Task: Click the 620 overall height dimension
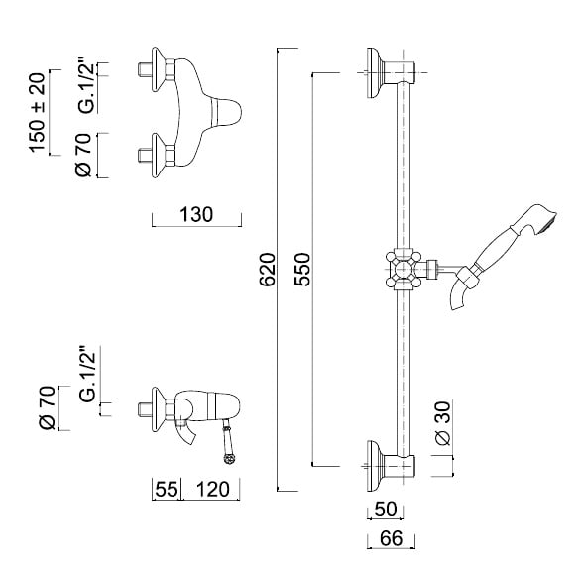coord(268,270)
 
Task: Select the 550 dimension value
coord(302,270)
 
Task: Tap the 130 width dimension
coord(196,215)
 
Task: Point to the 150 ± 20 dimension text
coord(38,113)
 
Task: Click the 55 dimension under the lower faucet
coord(167,489)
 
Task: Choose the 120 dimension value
coord(213,489)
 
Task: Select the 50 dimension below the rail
coord(386,509)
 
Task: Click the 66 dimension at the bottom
coord(391,539)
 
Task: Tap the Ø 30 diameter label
coord(443,423)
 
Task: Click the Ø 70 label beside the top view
coord(83,155)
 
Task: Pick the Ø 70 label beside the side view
coord(47,408)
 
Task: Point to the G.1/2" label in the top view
coord(87,85)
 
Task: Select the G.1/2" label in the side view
coord(88,374)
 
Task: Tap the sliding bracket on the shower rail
coord(404,270)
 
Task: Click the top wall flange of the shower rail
coord(374,73)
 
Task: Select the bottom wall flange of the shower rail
coord(374,466)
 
